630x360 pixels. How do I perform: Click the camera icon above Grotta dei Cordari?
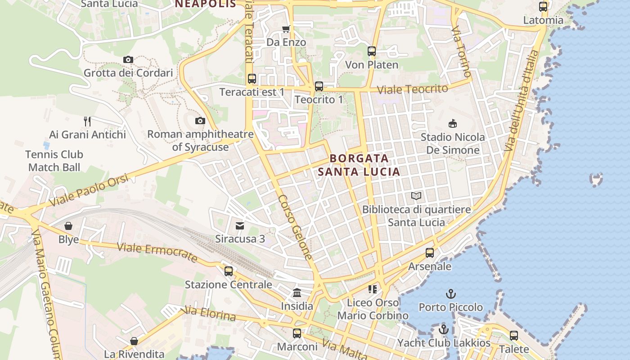[x=128, y=59]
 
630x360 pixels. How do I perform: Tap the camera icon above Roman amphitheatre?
[x=200, y=121]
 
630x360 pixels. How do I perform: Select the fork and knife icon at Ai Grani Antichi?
[x=87, y=121]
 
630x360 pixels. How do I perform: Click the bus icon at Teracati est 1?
[x=252, y=79]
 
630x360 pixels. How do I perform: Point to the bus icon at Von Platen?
[x=371, y=51]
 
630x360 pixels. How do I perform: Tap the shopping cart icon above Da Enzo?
[x=286, y=29]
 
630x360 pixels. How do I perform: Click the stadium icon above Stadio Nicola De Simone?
[x=452, y=123]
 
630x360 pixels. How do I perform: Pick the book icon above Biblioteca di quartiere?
[x=416, y=196]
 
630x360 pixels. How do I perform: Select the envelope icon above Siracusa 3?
[x=240, y=225]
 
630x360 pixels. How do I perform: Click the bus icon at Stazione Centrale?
[x=229, y=271]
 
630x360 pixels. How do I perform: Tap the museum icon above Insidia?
[x=297, y=293]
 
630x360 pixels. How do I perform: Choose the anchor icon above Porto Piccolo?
[x=450, y=294]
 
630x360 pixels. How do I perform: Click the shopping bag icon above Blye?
[x=68, y=226]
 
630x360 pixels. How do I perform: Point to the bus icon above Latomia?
[x=543, y=7]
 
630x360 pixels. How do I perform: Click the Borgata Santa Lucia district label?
[x=359, y=165]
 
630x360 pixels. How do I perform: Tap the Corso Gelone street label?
[x=295, y=227]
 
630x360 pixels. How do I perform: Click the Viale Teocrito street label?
[x=412, y=89]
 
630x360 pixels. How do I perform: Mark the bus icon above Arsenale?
[x=430, y=253]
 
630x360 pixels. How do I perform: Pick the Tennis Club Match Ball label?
[x=54, y=161]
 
